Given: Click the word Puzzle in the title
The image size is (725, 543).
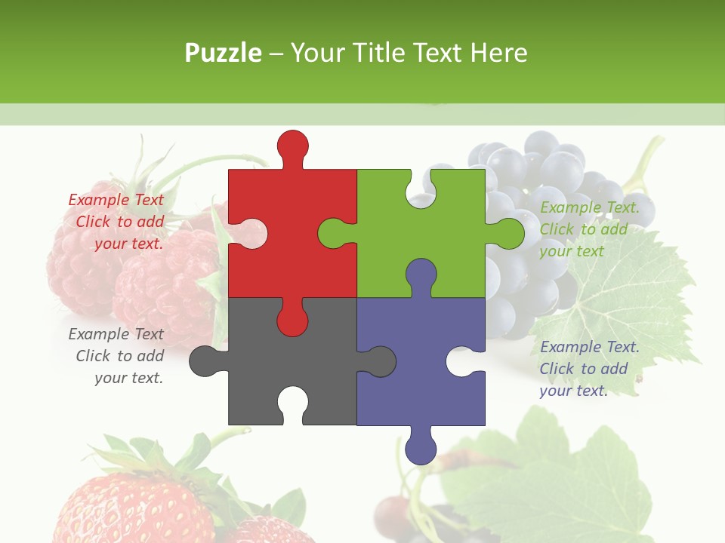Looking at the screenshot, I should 224,53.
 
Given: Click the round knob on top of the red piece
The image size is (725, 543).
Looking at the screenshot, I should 292,147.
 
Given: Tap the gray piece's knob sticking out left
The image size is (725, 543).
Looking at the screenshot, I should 205,361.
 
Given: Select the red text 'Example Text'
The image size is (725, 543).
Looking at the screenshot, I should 116,200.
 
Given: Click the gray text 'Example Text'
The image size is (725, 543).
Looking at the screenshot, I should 116,334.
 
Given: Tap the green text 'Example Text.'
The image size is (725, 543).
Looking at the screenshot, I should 589,207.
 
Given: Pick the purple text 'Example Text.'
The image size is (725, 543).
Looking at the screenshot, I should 589,347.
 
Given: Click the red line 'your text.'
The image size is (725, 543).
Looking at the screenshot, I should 128,244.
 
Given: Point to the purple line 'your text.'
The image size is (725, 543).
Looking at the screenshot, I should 572,391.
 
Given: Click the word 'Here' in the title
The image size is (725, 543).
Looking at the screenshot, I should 498,53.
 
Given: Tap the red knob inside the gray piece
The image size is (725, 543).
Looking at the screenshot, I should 292,321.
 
